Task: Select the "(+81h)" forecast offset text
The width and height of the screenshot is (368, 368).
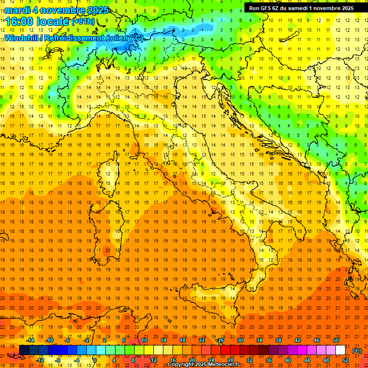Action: pos(83,21)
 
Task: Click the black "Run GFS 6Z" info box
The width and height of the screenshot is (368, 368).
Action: pos(301,8)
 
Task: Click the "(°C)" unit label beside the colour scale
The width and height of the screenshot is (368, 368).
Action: pos(357,351)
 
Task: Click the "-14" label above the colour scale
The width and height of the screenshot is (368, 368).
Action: pos(30,341)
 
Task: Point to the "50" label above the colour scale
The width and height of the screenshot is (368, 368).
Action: pos(335,341)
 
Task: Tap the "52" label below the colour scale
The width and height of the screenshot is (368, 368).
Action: pos(345,360)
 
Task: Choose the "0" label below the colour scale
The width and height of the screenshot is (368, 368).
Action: pos(95,360)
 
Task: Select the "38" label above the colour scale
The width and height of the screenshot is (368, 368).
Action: pos(278,341)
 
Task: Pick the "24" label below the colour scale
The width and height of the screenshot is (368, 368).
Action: pos(211,360)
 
